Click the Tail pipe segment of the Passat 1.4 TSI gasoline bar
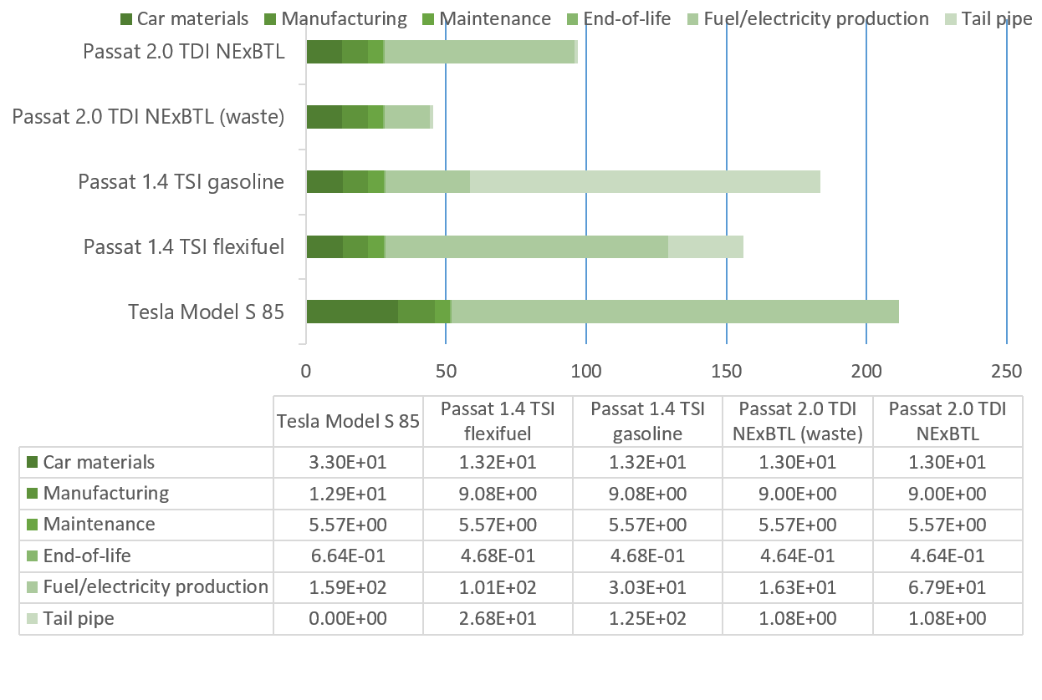(x=645, y=182)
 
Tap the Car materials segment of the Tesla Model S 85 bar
(x=351, y=312)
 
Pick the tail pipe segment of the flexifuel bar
(x=705, y=247)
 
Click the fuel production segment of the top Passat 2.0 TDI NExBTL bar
(x=480, y=52)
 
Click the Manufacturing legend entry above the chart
(x=344, y=18)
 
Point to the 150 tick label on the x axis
(x=727, y=371)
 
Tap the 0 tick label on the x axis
(x=306, y=371)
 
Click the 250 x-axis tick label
(x=1006, y=371)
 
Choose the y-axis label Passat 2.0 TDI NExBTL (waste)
(x=148, y=117)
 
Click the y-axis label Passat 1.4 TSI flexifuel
(x=183, y=247)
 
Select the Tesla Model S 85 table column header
(x=348, y=421)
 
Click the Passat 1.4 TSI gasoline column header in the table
(x=647, y=421)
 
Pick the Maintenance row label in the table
(x=99, y=525)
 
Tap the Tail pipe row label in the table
(x=79, y=619)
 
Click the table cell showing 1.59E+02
(x=348, y=587)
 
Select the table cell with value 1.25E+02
(x=647, y=619)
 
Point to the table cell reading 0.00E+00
(x=348, y=619)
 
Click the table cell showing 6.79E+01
(x=947, y=587)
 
